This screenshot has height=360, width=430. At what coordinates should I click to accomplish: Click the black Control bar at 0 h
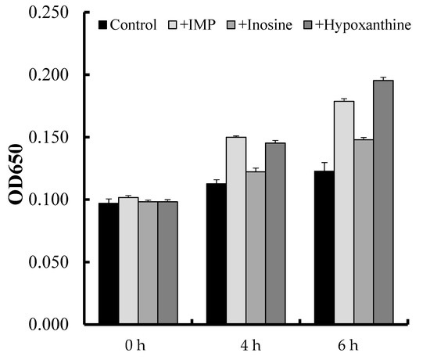(109, 263)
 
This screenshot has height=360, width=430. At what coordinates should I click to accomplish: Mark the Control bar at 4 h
(217, 254)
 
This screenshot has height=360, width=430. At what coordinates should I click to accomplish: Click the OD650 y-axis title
(16, 167)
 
